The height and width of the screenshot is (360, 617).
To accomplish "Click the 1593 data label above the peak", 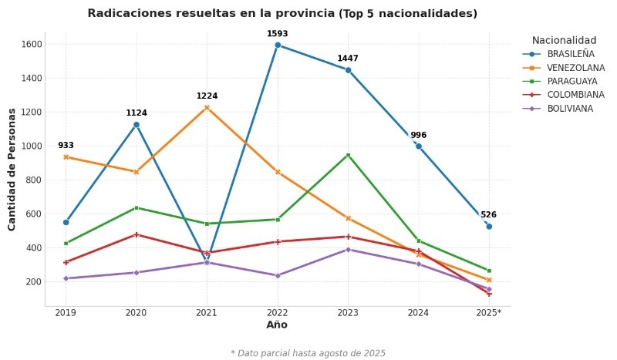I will click(x=277, y=34).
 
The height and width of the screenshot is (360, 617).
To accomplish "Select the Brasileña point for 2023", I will click(x=348, y=70).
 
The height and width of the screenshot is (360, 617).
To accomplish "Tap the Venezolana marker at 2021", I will click(x=207, y=108).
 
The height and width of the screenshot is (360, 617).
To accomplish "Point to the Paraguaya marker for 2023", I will click(x=348, y=155).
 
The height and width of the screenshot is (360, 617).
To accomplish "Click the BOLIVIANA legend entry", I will click(x=570, y=109).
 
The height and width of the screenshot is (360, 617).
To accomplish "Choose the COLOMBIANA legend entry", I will click(x=575, y=95).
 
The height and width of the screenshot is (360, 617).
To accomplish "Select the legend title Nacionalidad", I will click(x=564, y=40).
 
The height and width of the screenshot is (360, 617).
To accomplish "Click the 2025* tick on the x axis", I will click(x=488, y=313).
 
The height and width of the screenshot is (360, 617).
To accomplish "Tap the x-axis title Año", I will click(x=277, y=325).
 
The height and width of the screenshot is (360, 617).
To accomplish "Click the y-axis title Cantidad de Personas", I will click(x=12, y=169).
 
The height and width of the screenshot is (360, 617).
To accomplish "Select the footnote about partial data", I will click(x=308, y=353).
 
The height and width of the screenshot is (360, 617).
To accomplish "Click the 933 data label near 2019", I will click(x=66, y=146).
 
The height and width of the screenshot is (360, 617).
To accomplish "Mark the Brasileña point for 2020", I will click(x=137, y=124).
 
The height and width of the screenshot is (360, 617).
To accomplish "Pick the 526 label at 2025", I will click(x=488, y=215).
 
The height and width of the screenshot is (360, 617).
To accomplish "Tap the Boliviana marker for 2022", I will click(x=278, y=275).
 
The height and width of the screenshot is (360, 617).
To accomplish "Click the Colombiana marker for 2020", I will click(x=137, y=234).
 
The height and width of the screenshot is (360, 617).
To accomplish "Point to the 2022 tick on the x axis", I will click(x=277, y=313).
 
